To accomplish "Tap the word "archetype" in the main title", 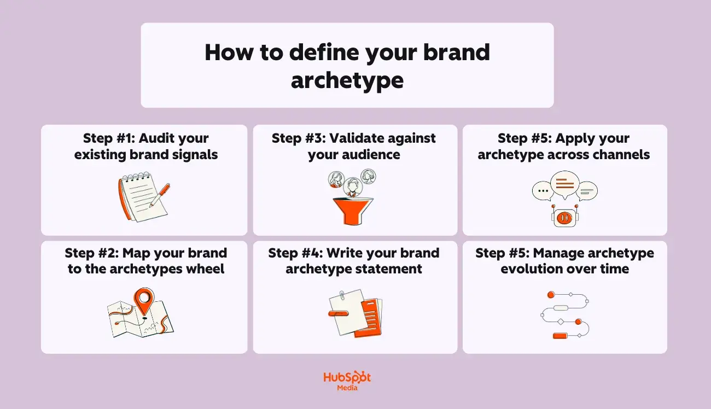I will pyautogui.click(x=347, y=80).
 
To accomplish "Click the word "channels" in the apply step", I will pyautogui.click(x=621, y=155).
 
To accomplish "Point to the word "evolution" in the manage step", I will pyautogui.click(x=533, y=269).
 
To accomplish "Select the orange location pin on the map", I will pyautogui.click(x=144, y=299).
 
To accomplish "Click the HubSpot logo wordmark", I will pyautogui.click(x=347, y=378).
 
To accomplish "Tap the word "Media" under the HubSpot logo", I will pyautogui.click(x=347, y=388).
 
